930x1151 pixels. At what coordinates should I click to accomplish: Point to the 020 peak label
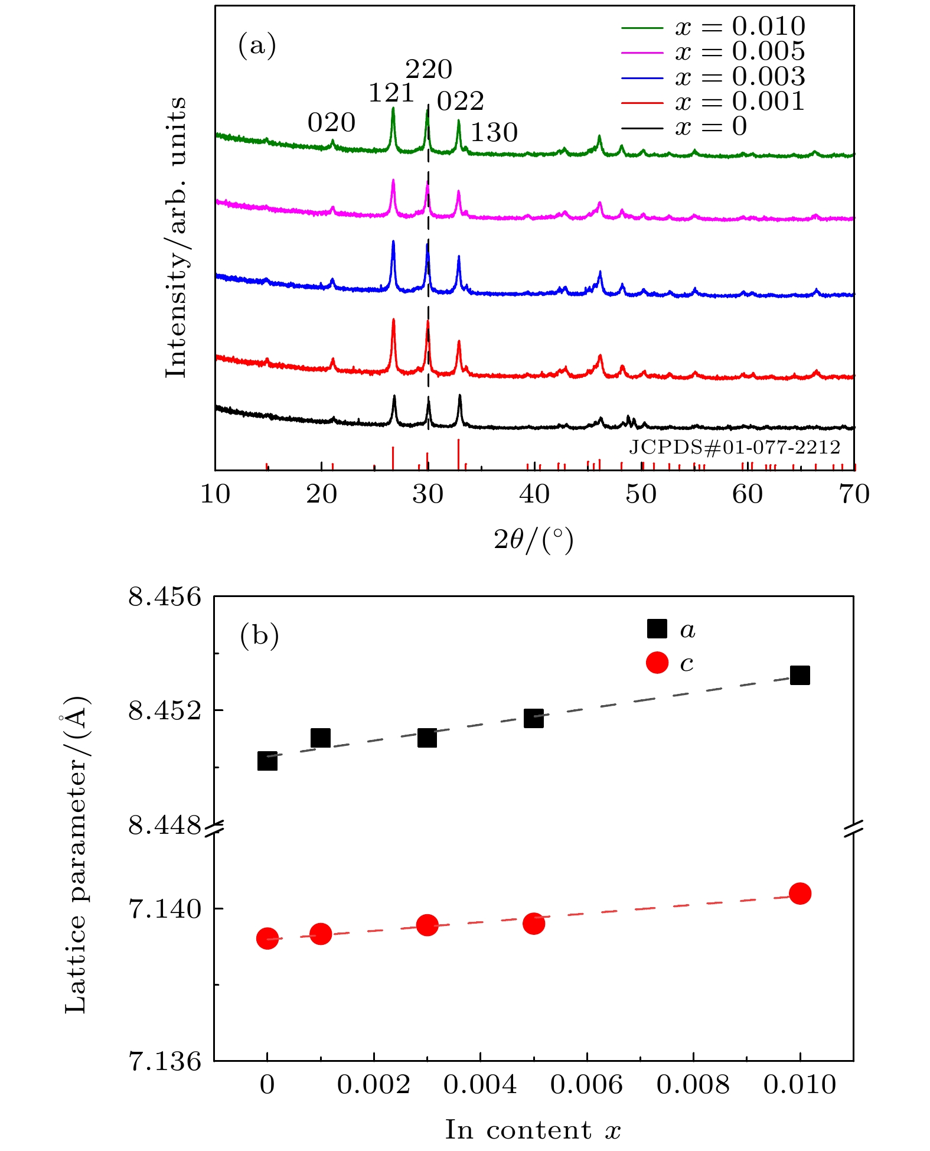(x=331, y=123)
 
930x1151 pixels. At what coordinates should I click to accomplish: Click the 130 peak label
(x=494, y=133)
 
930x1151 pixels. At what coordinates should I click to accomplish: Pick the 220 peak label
(x=429, y=70)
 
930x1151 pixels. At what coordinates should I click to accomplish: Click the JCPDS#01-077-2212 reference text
(x=734, y=447)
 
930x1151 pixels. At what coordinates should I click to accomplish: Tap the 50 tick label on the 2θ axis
(x=641, y=494)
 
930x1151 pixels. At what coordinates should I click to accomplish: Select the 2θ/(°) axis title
(x=533, y=540)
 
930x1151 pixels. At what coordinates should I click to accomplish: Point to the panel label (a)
(x=257, y=45)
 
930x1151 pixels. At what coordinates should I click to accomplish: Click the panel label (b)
(x=259, y=635)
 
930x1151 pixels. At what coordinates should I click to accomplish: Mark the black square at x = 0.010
(x=800, y=675)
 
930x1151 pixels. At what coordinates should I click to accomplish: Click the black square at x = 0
(x=267, y=761)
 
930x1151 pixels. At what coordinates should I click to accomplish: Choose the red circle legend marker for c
(x=657, y=663)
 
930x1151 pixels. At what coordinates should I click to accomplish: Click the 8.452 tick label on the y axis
(x=165, y=710)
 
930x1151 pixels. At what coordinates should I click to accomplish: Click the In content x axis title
(x=533, y=1130)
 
